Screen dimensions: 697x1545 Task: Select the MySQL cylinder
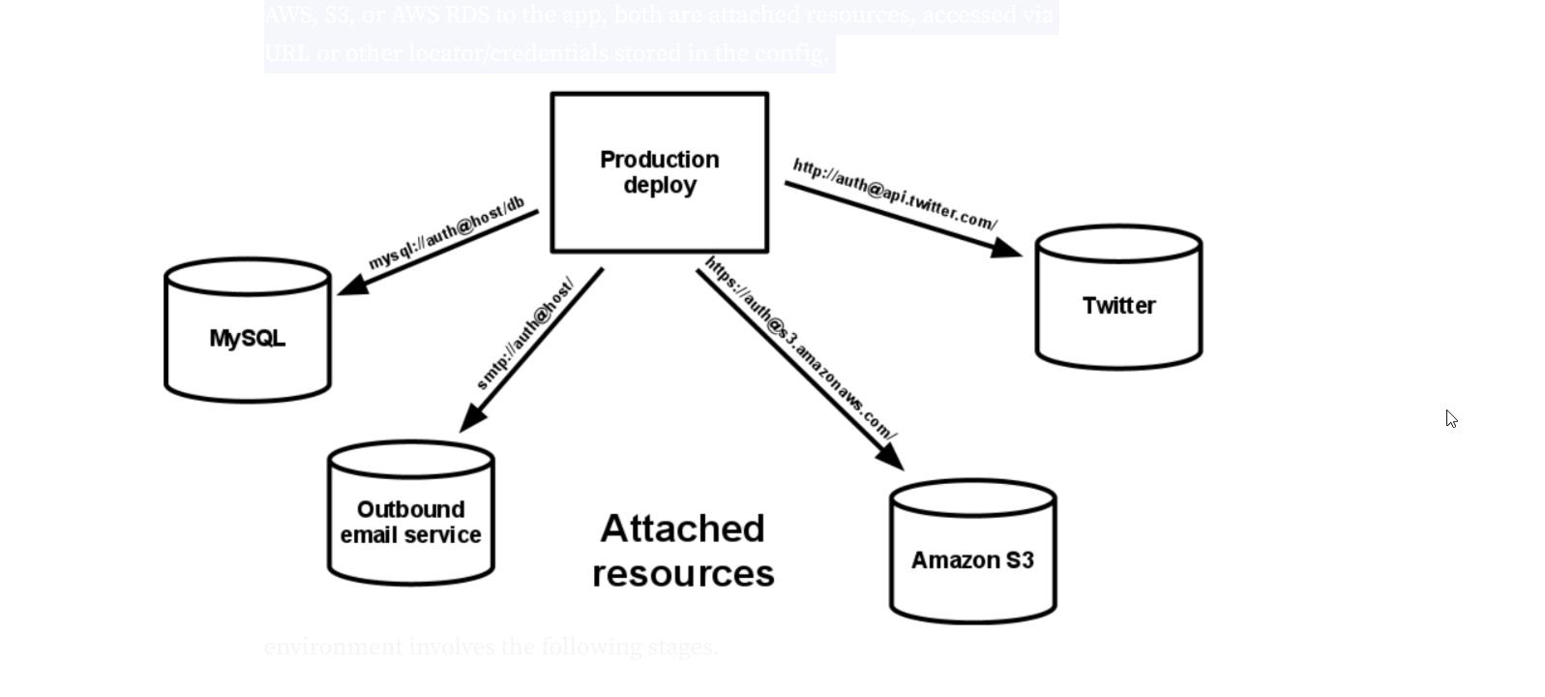(x=248, y=338)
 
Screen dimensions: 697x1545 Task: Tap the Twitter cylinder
(x=1118, y=306)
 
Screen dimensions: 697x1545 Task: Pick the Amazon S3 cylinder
(x=972, y=561)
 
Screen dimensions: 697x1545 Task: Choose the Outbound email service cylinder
(x=411, y=522)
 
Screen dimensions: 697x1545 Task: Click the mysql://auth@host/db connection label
(x=447, y=232)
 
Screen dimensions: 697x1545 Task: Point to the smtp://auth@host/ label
(x=525, y=334)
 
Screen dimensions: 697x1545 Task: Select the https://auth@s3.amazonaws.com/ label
(x=801, y=348)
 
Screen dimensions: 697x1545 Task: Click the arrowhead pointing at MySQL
(x=351, y=284)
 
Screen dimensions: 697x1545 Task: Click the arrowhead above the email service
(x=472, y=418)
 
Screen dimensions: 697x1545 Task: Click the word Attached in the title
(x=682, y=529)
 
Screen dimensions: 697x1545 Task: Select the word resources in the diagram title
(x=683, y=573)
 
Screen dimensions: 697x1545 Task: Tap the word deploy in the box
(x=660, y=185)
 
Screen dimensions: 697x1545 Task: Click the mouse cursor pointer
(x=1451, y=418)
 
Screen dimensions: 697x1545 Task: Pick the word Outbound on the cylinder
(x=410, y=509)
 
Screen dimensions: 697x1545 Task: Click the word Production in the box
(x=660, y=160)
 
